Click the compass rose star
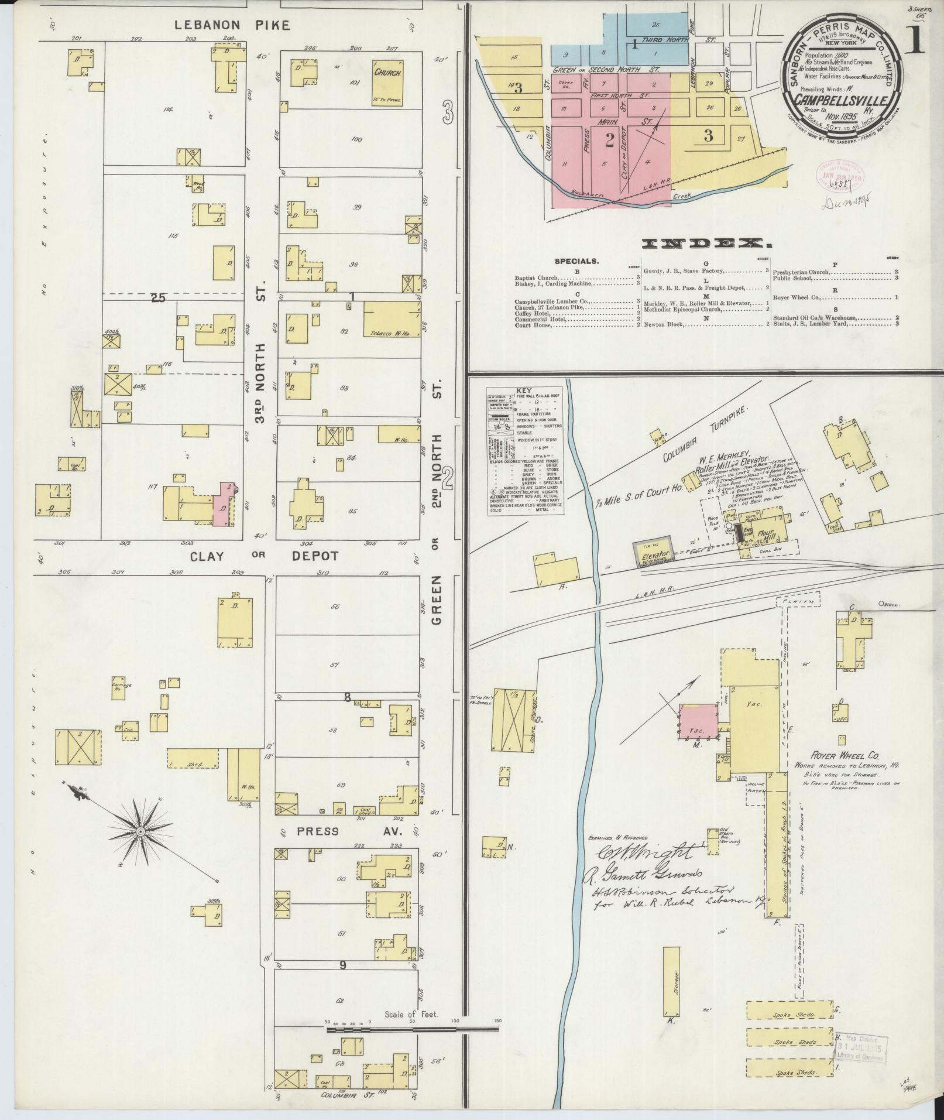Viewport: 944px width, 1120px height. point(140,831)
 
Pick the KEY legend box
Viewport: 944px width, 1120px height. point(526,451)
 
